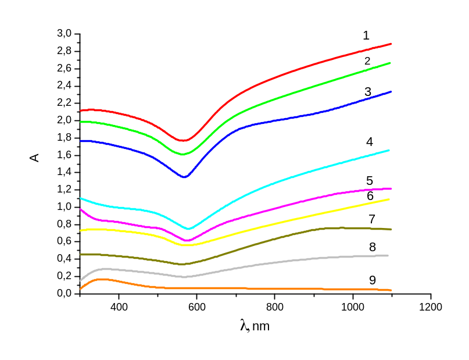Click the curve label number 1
[x=366, y=36]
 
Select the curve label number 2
[x=368, y=61]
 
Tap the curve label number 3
[x=368, y=92]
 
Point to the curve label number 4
[x=370, y=142]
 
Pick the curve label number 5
[x=370, y=181]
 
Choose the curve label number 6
[x=370, y=196]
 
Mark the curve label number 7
[x=372, y=219]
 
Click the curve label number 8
[x=373, y=247]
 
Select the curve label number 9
[x=373, y=280]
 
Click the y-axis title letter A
[x=35, y=157]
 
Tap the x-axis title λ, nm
[x=254, y=326]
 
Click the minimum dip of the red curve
[x=183, y=140]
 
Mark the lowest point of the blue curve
[x=184, y=177]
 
